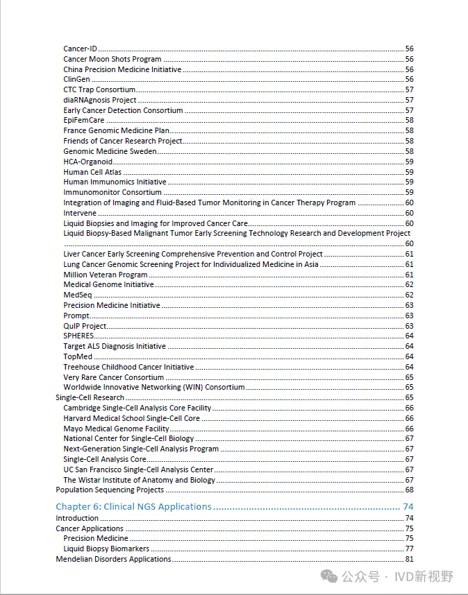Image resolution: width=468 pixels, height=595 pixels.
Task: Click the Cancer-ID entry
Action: [80, 49]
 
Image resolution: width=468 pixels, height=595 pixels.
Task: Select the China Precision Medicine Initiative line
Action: [122, 69]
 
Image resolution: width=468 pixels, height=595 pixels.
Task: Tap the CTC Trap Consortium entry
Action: [99, 89]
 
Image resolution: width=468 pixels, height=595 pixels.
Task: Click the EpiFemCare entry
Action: [84, 121]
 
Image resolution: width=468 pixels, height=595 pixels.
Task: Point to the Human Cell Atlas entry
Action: [92, 172]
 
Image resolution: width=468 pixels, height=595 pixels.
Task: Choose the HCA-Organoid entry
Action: [87, 162]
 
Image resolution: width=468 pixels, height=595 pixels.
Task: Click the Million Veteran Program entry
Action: [105, 275]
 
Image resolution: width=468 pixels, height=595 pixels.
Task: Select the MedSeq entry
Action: [77, 295]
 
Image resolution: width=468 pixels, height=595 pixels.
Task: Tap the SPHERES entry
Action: [78, 336]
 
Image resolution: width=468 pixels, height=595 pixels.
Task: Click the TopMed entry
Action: [78, 356]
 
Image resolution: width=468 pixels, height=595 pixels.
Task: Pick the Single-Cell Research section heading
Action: [90, 397]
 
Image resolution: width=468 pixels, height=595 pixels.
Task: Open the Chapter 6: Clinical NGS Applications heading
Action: [133, 507]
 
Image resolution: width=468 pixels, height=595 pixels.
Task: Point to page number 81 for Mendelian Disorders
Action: [409, 559]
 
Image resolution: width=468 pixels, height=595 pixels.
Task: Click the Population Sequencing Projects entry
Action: [110, 490]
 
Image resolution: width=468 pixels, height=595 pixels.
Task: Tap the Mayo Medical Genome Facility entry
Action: [116, 429]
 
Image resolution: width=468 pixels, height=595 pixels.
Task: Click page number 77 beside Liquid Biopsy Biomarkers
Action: [409, 549]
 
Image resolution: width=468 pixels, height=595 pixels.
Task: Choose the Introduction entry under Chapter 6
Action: [77, 518]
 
